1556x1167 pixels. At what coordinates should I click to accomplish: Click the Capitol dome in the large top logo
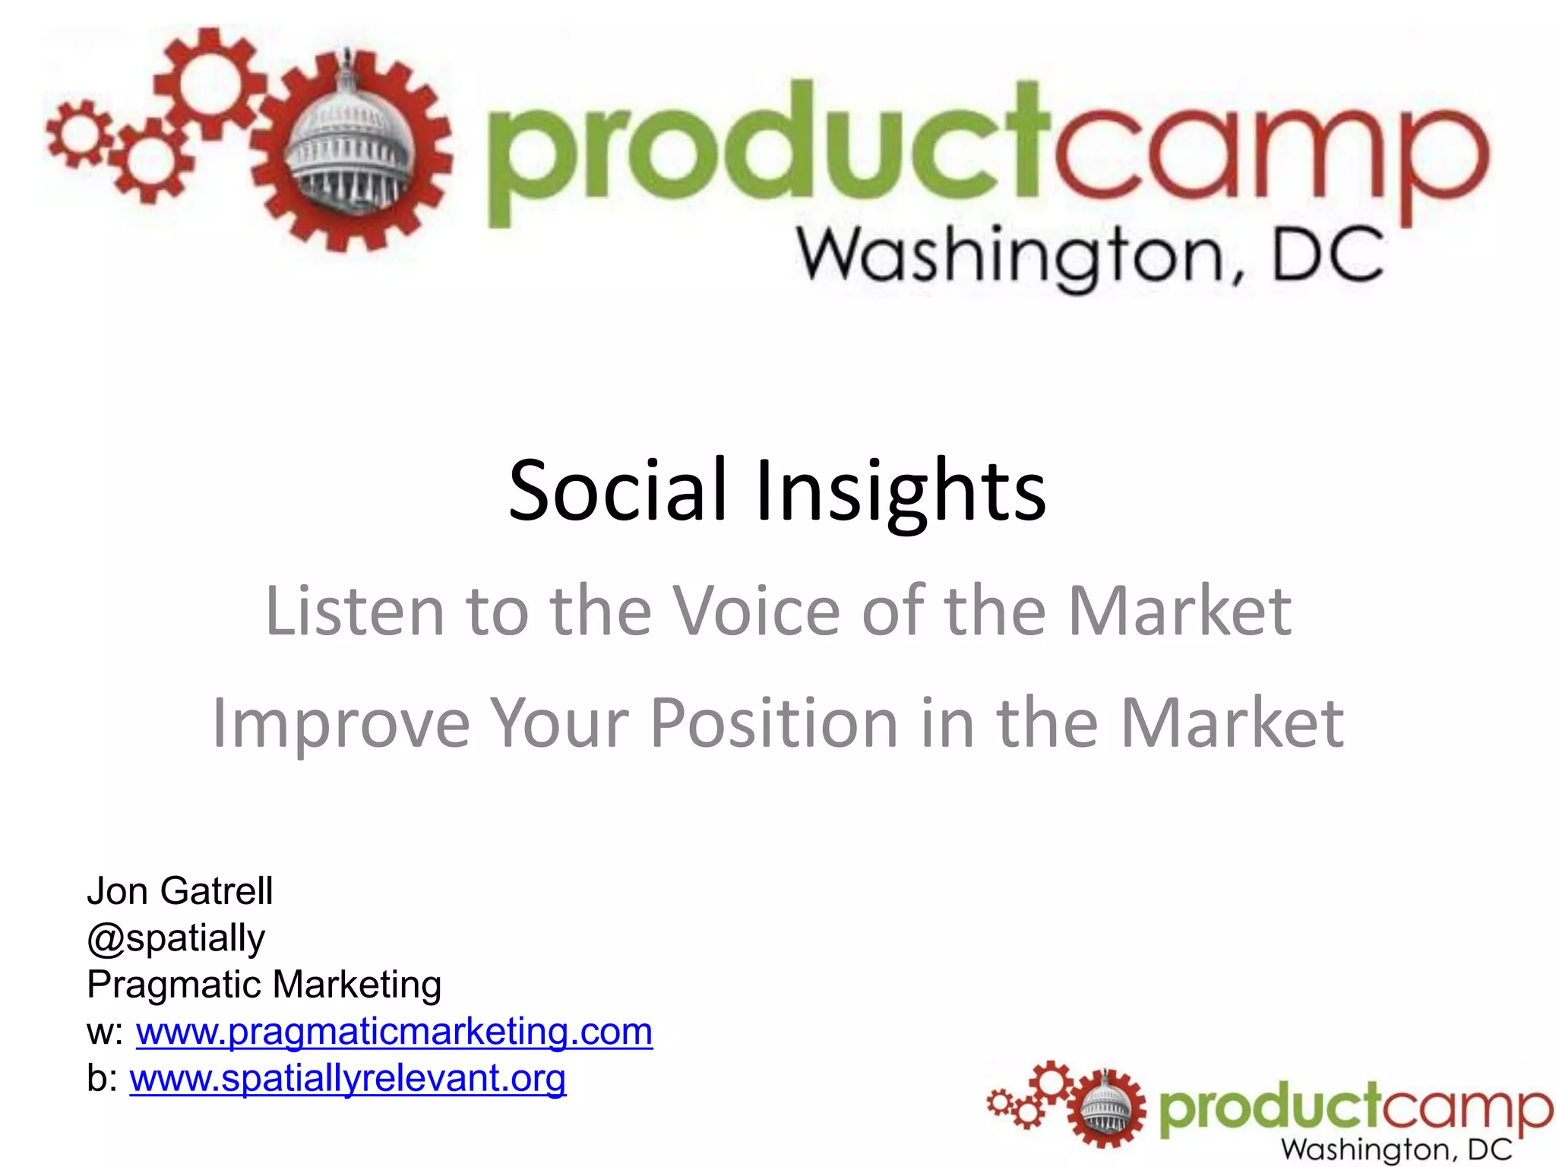click(x=351, y=148)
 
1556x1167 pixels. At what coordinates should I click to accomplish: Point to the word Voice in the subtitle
click(x=757, y=611)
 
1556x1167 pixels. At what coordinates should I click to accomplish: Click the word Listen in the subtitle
click(x=354, y=611)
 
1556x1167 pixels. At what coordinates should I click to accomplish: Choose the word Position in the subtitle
click(x=774, y=724)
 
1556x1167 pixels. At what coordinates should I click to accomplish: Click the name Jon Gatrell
click(x=179, y=891)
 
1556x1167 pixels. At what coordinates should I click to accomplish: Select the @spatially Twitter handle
click(x=176, y=938)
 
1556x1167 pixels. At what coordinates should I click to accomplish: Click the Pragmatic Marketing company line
click(x=264, y=985)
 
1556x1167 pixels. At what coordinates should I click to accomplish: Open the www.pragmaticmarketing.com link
click(x=394, y=1032)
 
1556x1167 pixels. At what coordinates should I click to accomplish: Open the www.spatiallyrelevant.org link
click(x=348, y=1079)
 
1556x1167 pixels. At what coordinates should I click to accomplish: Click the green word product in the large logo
click(x=767, y=152)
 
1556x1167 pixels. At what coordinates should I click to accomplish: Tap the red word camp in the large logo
click(x=1269, y=160)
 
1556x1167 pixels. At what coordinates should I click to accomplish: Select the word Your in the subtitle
click(x=559, y=724)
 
